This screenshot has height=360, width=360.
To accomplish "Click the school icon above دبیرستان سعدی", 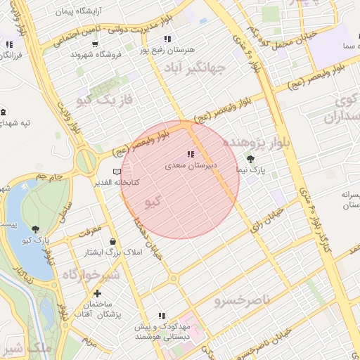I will pos(190,155).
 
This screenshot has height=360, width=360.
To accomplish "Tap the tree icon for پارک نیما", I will pos(250,159).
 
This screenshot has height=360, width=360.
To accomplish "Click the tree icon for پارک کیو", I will pos(35,229).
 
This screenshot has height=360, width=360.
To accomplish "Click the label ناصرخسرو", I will pos(242,300).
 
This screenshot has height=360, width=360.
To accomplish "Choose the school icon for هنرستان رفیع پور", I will pos(167,39).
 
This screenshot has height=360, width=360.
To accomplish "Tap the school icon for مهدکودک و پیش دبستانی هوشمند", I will pos(162,316).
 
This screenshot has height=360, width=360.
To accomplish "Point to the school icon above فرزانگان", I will pos(9,44).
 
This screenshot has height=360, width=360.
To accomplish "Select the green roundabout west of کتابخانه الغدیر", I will pos(86,162).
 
